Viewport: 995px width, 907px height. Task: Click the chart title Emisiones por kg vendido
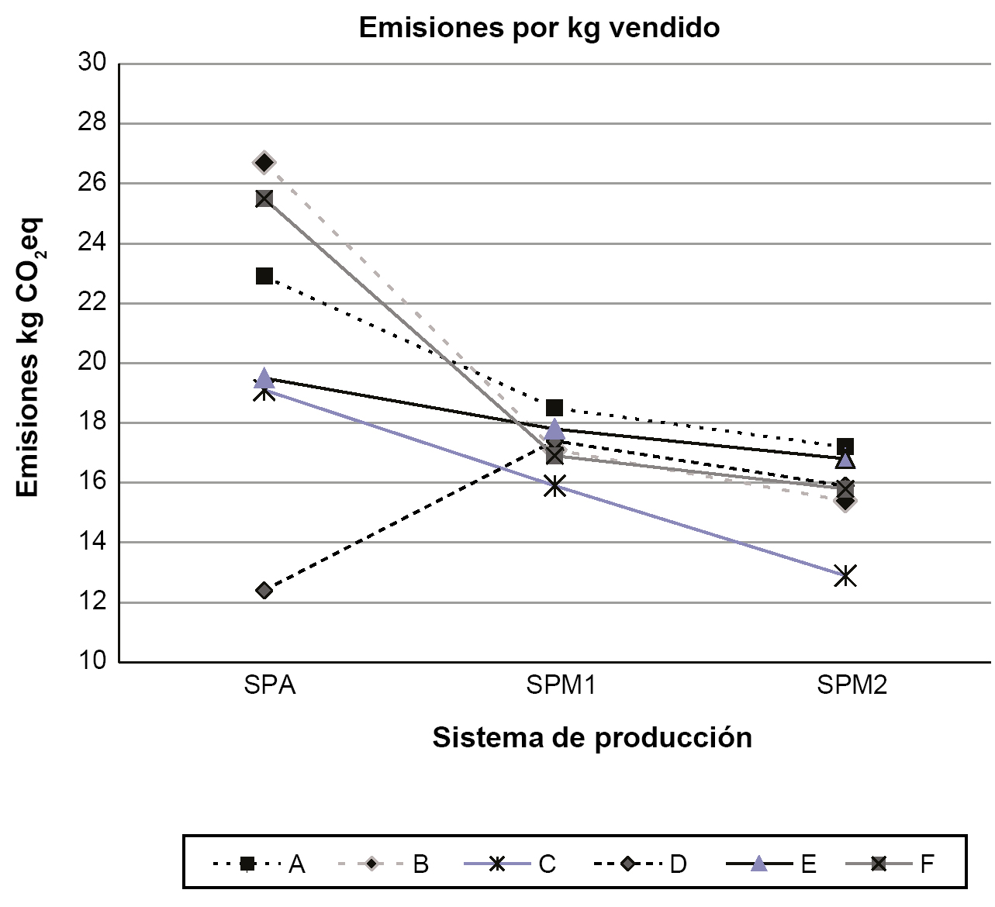539,28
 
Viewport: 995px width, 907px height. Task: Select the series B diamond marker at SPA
264,162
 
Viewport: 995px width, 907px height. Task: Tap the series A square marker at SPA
264,276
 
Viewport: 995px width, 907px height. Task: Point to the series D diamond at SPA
264,591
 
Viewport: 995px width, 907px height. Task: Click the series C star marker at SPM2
845,575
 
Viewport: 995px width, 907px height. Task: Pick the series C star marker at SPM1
555,487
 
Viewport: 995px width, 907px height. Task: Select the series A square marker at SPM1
555,408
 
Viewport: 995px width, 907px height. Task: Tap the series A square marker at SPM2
845,447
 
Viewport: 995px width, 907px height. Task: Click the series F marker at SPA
264,198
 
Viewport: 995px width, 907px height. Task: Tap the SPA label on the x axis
270,686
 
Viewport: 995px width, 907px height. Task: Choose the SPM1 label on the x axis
560,686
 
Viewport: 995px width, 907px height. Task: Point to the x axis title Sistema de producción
592,737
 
